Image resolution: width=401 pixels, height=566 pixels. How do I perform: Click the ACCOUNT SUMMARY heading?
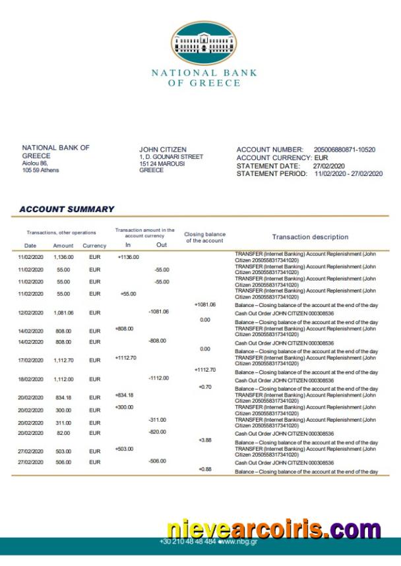pyautogui.click(x=67, y=209)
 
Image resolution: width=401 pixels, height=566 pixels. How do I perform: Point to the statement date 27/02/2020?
pyautogui.click(x=328, y=166)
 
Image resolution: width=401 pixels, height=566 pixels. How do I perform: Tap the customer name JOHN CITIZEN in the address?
pyautogui.click(x=163, y=150)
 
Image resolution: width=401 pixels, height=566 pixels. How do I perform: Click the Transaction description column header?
pyautogui.click(x=310, y=237)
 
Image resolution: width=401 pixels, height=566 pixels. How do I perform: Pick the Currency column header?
pyautogui.click(x=94, y=246)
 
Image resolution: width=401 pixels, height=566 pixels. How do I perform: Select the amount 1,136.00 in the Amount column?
pyautogui.click(x=63, y=257)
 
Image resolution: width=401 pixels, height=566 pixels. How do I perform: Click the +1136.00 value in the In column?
pyautogui.click(x=128, y=257)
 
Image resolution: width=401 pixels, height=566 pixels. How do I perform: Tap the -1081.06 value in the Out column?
pyautogui.click(x=158, y=311)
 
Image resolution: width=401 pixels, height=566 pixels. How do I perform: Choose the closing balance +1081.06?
pyautogui.click(x=205, y=304)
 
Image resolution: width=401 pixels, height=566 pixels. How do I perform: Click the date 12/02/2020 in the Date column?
pyautogui.click(x=30, y=313)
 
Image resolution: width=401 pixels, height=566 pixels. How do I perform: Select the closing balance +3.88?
pyautogui.click(x=204, y=439)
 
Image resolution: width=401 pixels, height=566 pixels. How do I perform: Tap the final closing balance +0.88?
pyautogui.click(x=204, y=469)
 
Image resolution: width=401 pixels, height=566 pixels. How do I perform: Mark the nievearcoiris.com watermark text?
pyautogui.click(x=273, y=529)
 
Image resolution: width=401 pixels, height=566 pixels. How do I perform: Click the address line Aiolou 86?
pyautogui.click(x=35, y=163)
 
